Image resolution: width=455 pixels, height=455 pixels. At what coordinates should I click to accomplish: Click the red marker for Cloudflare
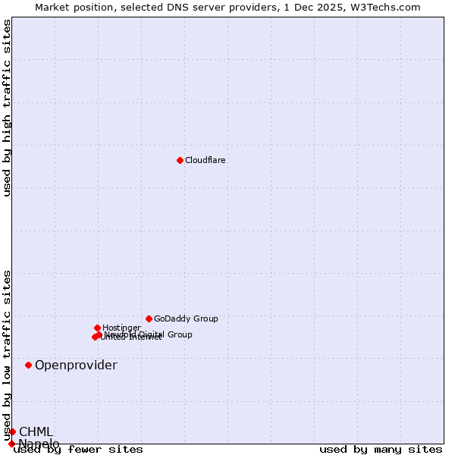[x=180, y=160]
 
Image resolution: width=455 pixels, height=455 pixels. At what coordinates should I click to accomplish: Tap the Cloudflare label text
[x=206, y=160]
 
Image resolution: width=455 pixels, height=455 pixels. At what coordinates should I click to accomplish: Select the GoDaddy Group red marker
[x=149, y=318]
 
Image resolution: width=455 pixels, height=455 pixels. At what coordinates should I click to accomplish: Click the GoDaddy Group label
[x=186, y=318]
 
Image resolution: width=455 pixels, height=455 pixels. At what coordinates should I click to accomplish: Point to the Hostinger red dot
[x=97, y=328]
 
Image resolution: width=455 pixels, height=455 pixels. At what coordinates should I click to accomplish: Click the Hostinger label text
[x=121, y=328]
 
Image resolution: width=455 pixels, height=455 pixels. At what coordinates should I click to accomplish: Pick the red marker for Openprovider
[x=28, y=365]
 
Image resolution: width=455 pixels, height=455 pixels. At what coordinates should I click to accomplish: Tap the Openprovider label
[x=76, y=366]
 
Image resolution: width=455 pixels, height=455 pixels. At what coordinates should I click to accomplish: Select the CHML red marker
[x=12, y=431]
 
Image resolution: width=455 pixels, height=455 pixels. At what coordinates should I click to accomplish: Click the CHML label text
[x=36, y=432]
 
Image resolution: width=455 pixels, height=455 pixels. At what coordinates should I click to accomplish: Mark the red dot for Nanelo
[x=11, y=444]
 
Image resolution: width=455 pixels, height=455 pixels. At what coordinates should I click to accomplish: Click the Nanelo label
[x=39, y=444]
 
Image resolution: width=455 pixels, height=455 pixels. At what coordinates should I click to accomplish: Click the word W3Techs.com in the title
[x=391, y=7]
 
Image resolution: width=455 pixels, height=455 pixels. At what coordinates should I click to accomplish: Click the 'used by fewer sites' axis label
[x=78, y=449]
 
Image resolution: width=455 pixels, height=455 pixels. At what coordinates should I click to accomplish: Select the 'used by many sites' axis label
[x=381, y=449]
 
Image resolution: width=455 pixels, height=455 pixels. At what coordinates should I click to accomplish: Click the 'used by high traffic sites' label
[x=7, y=108]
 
